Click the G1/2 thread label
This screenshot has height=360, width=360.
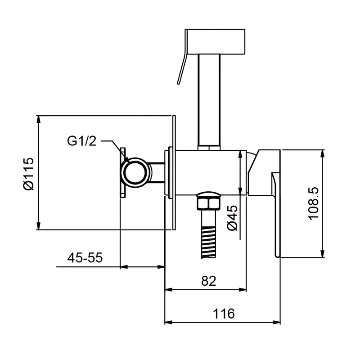click(81, 141)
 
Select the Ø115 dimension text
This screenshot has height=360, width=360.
click(29, 174)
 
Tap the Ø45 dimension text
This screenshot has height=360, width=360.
click(232, 218)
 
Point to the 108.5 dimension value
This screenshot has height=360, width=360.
click(314, 204)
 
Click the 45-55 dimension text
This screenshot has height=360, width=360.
click(85, 257)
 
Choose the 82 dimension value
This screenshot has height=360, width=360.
click(209, 280)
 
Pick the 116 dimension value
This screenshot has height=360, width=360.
click(224, 314)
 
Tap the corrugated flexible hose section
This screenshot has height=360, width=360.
click(208, 242)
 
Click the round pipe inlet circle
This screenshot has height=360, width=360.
click(134, 172)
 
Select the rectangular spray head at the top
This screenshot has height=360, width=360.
click(216, 41)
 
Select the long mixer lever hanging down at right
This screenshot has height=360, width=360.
click(276, 215)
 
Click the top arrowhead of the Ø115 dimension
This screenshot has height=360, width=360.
click(39, 120)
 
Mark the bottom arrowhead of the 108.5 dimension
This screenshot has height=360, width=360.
click(323, 253)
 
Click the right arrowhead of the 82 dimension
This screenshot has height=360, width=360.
click(242, 289)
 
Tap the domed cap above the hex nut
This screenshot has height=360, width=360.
click(208, 194)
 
